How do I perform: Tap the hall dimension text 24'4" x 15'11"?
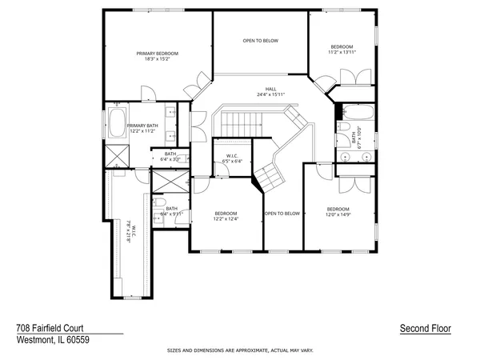pos(270,94)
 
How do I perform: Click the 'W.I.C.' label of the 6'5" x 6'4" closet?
pos(233,155)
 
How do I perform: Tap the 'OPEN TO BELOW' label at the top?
pos(260,39)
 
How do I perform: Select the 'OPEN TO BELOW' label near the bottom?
pos(282,214)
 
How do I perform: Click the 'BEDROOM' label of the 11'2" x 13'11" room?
pos(342,47)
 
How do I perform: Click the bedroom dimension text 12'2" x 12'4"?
pos(226,218)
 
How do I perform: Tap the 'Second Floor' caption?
pos(425,328)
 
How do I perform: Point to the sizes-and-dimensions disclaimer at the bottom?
pos(240,350)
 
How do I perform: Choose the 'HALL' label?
pos(270,89)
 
